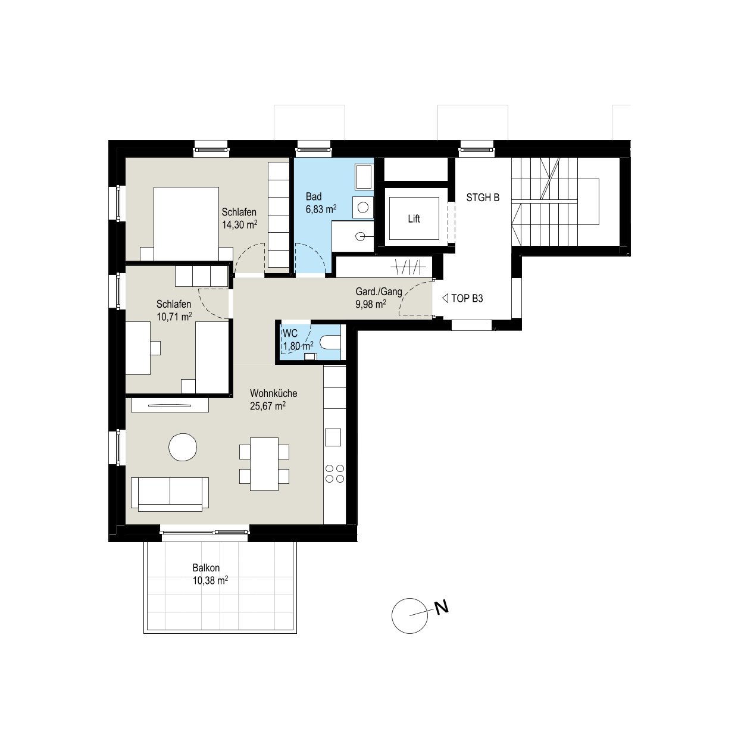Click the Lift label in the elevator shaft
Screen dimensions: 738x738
pyautogui.click(x=414, y=218)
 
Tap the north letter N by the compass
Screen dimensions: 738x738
pyautogui.click(x=441, y=608)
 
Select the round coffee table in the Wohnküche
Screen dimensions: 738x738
pyautogui.click(x=183, y=447)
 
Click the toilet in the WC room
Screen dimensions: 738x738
pyautogui.click(x=330, y=342)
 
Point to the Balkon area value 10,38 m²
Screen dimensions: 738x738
pyautogui.click(x=210, y=581)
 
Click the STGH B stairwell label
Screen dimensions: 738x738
pyautogui.click(x=483, y=198)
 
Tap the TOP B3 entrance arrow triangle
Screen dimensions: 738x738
pyautogui.click(x=445, y=298)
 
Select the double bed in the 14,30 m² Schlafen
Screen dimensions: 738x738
pyautogui.click(x=186, y=224)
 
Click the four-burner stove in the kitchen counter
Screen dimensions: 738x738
pyautogui.click(x=334, y=474)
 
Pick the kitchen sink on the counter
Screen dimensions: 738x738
pyautogui.click(x=333, y=437)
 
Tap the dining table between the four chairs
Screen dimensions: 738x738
pyautogui.click(x=264, y=464)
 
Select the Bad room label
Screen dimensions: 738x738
pyautogui.click(x=313, y=197)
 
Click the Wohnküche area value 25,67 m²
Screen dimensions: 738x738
pyautogui.click(x=268, y=406)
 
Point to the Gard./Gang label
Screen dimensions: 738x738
pyautogui.click(x=379, y=292)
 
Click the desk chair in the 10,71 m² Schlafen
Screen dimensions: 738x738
pyautogui.click(x=155, y=348)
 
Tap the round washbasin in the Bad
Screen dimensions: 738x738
pyautogui.click(x=363, y=208)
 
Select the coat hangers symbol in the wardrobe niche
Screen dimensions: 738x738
pyautogui.click(x=409, y=267)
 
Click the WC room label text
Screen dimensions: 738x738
pyautogui.click(x=290, y=333)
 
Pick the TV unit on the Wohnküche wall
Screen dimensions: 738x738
pyautogui.click(x=170, y=405)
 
